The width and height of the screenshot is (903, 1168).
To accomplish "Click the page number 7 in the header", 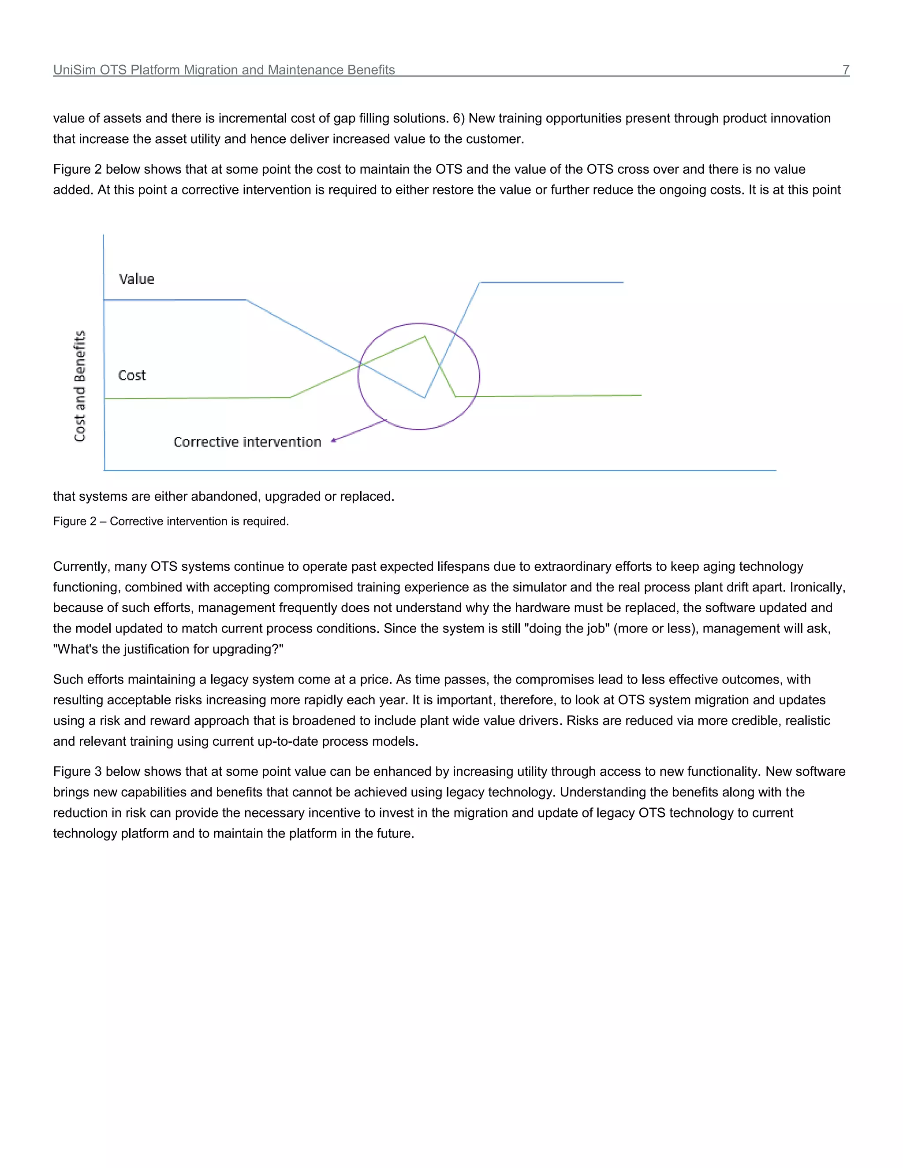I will point(846,70).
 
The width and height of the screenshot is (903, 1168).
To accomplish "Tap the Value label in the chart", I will point(136,279).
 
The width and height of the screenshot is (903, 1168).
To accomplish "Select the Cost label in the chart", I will point(131,376).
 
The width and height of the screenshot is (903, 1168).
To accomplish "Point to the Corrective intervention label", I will point(247,442).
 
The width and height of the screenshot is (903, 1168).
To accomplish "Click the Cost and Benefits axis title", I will point(80,386).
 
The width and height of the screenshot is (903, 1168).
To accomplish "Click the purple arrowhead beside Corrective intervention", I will point(333,440).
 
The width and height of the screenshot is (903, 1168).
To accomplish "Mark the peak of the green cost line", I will point(425,336).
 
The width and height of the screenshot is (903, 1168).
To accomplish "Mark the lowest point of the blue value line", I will point(424,398).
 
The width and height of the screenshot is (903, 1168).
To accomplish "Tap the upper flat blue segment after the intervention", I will point(551,282).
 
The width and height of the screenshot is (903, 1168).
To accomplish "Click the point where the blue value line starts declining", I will point(246,300).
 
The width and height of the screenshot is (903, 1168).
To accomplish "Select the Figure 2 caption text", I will point(171,521).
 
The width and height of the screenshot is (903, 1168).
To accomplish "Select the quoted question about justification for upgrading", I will point(168,649).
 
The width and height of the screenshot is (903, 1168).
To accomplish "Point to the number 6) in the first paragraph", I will point(459,118).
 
